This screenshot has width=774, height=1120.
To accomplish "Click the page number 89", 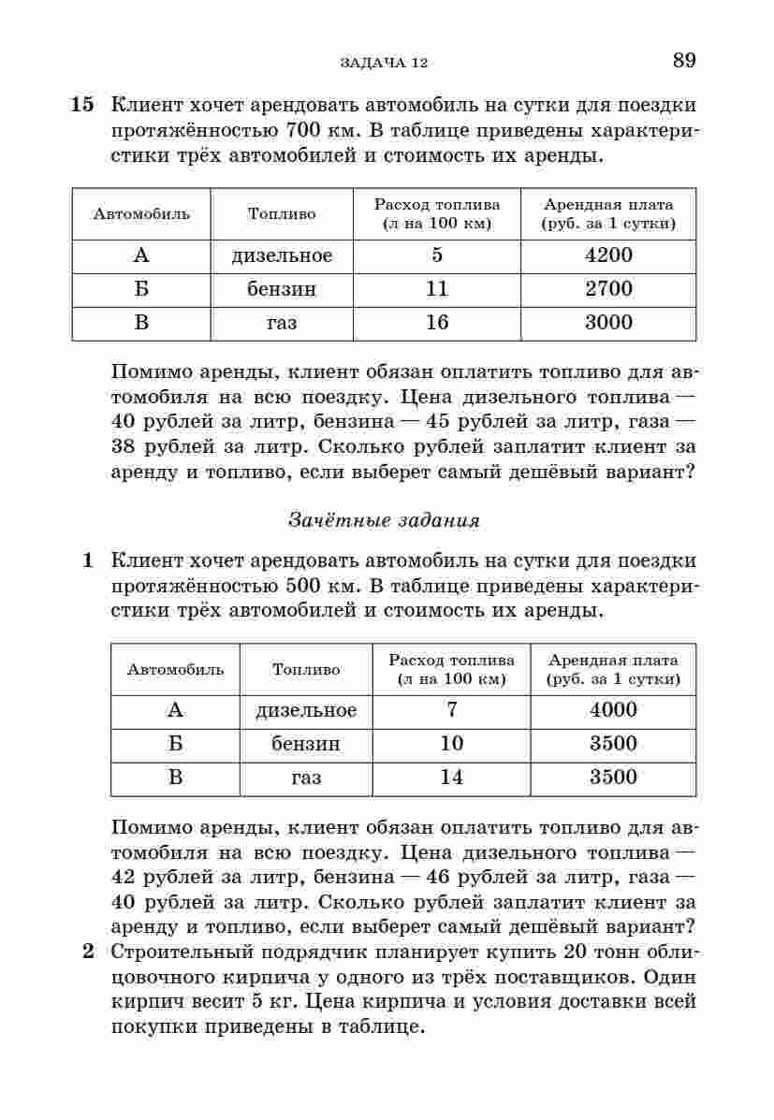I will point(683,61).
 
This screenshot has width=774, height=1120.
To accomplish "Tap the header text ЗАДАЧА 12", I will point(384,63).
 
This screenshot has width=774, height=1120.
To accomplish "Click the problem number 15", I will point(82,105).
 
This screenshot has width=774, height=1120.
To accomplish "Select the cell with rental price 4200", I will point(608,255).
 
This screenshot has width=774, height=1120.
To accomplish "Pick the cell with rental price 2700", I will point(608,289).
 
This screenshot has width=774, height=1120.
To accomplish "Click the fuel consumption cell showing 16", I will point(437,323).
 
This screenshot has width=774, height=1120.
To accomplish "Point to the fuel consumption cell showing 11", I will point(437,289).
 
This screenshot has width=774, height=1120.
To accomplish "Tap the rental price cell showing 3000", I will point(608,323).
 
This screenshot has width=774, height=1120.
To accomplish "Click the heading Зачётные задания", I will point(384,520).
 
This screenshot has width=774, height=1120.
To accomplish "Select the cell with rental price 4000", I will point(613,710).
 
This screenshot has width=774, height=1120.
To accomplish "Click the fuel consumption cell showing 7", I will point(452,710).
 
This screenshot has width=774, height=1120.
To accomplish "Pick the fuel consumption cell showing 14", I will point(452,778).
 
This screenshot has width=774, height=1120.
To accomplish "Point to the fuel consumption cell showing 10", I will point(452,744).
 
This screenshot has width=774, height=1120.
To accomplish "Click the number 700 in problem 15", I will point(304,130).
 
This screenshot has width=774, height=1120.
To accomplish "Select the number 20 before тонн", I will point(578,953).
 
